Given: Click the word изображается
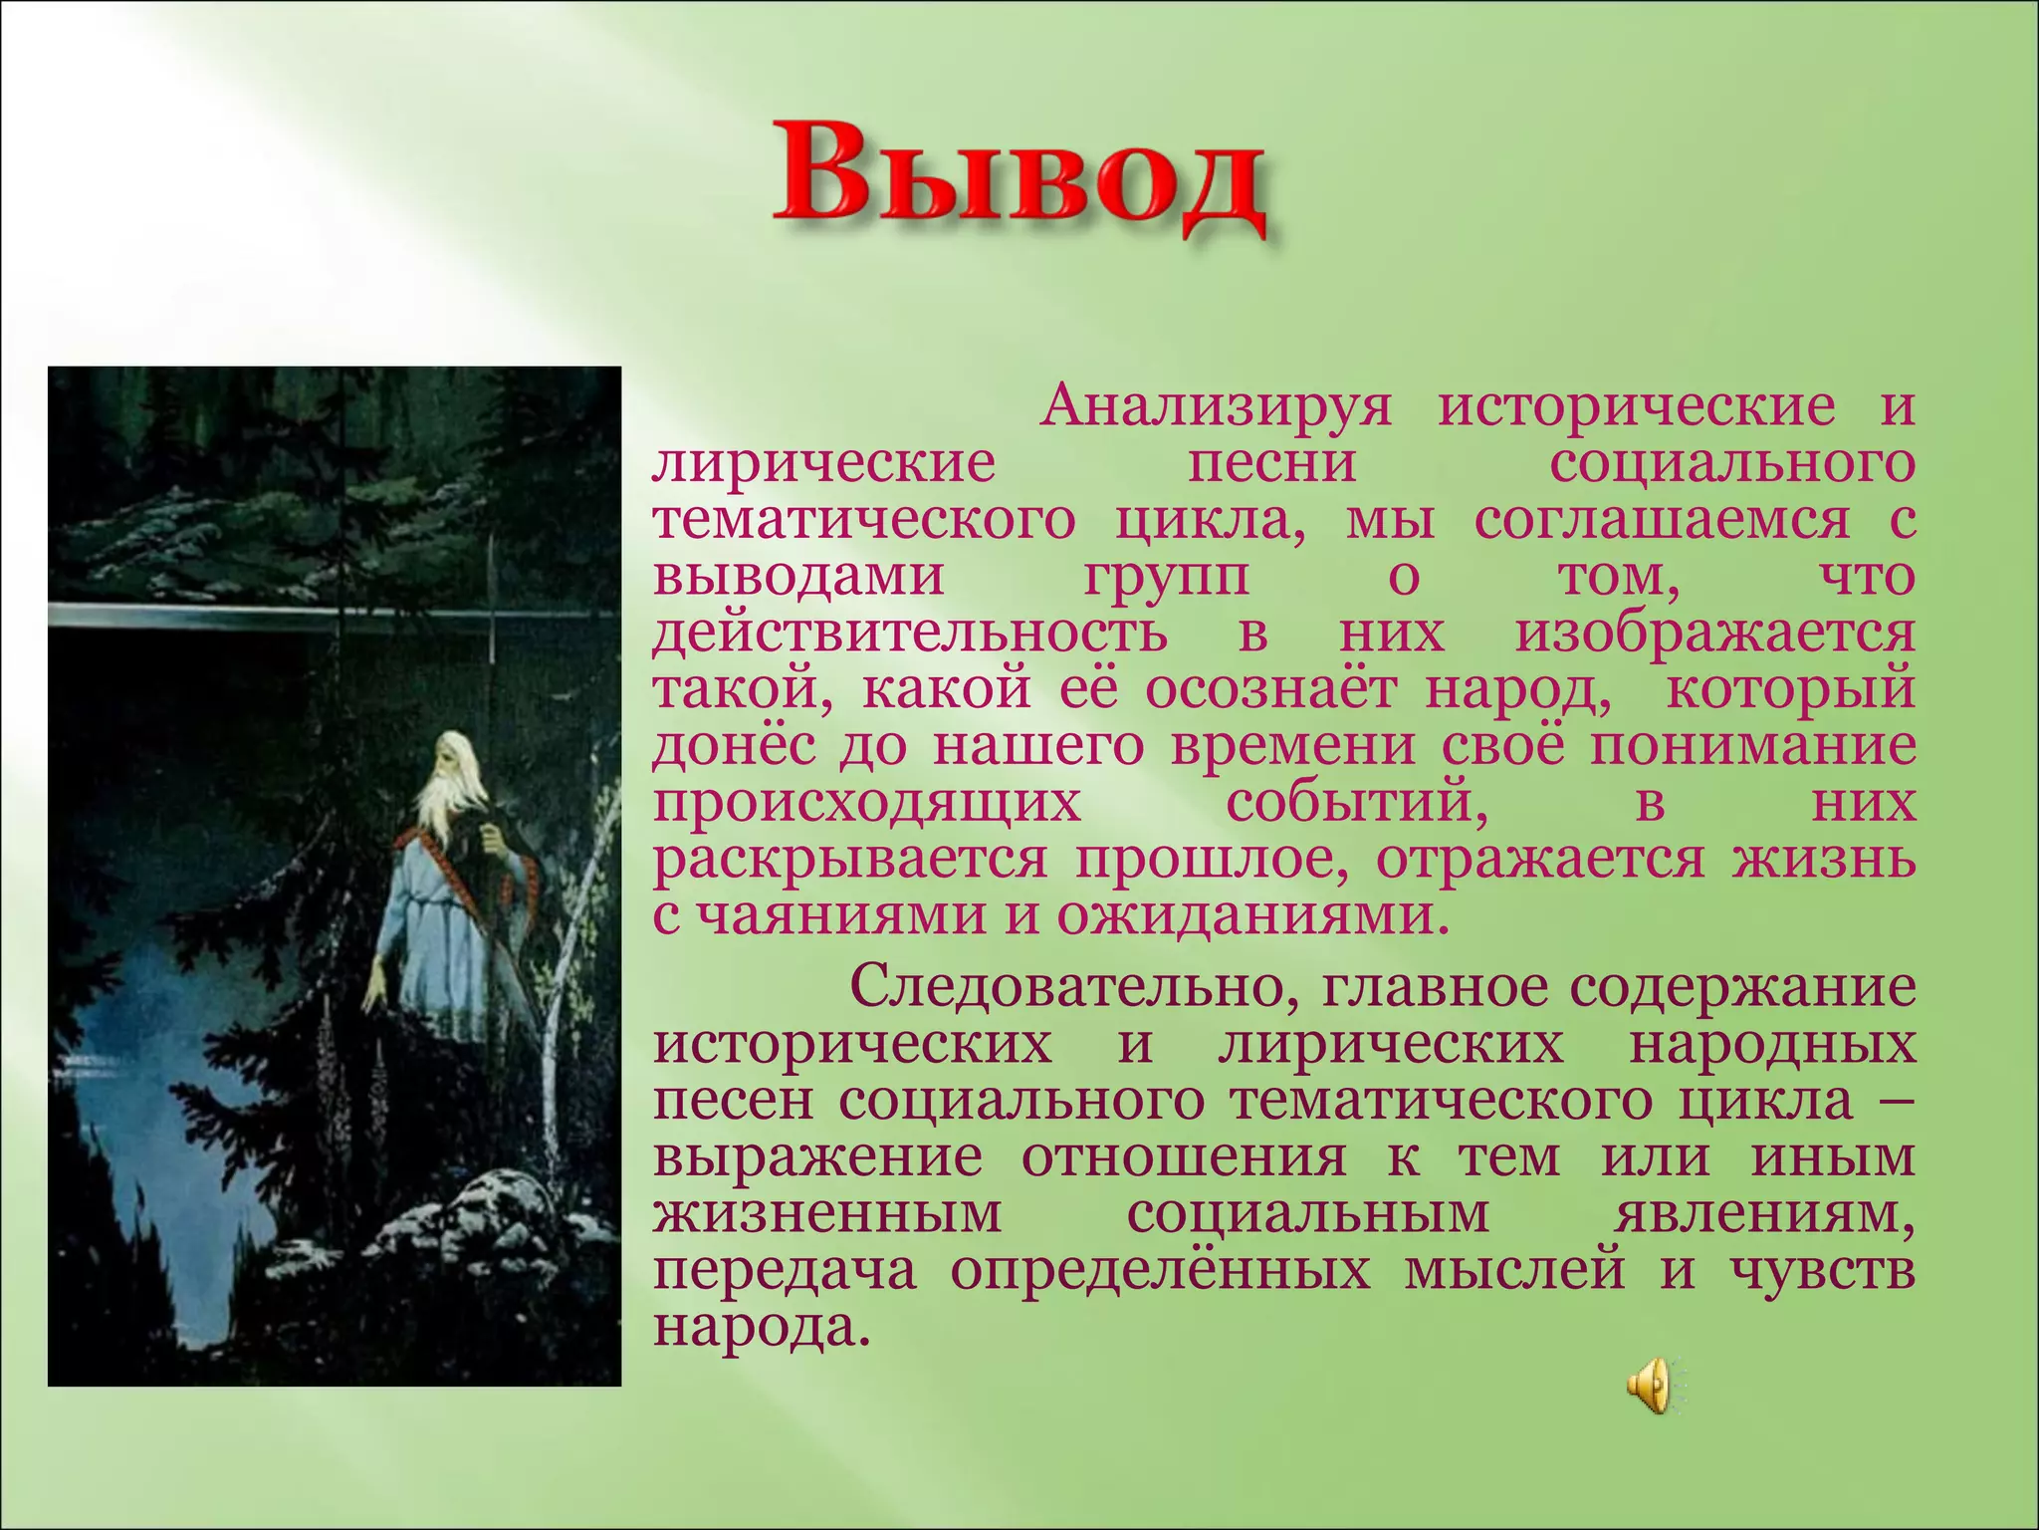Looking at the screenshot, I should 1714,634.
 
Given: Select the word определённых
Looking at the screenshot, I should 1159,1272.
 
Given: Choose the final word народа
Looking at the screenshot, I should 754,1328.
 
